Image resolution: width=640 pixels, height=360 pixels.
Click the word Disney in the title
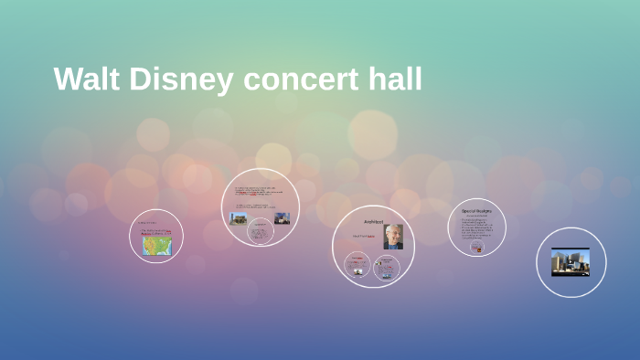point(183,79)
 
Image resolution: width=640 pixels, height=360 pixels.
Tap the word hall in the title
point(395,79)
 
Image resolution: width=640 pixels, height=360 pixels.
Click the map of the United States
point(155,245)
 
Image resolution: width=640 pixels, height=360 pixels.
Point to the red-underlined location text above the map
point(155,232)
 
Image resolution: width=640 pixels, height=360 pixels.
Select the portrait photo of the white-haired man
point(393,237)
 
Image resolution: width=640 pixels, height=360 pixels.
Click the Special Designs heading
point(476,210)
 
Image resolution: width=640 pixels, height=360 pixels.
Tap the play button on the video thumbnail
point(571,262)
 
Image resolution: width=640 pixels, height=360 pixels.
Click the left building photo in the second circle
point(238,218)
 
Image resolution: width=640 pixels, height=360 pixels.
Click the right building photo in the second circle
point(283,218)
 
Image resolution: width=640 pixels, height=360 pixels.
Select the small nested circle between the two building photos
point(261,232)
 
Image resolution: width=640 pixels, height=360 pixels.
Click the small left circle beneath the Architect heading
point(357,266)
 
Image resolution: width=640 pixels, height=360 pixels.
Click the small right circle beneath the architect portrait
point(387,267)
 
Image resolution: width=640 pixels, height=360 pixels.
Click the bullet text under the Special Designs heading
point(475,228)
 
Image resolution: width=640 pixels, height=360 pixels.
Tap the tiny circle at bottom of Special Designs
point(476,247)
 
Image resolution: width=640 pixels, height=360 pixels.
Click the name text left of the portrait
point(365,237)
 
